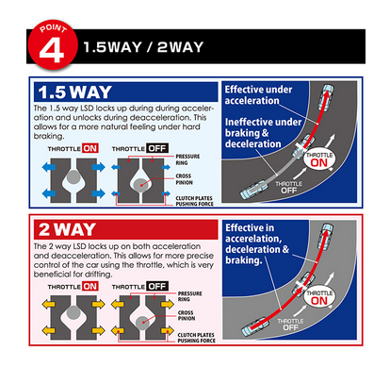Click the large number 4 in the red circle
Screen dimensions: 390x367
[52, 50]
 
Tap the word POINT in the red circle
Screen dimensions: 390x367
[53, 28]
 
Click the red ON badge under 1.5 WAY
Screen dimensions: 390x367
[90, 148]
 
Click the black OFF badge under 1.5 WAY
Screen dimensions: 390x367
[157, 148]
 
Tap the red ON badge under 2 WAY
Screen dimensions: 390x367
[90, 287]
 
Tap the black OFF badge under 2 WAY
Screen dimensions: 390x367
[157, 287]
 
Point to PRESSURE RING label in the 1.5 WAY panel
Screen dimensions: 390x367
[187, 159]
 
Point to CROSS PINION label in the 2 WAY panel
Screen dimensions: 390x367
[187, 315]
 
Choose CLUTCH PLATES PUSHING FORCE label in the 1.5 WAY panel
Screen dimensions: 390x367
[194, 201]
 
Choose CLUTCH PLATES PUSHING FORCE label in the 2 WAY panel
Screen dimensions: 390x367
[197, 338]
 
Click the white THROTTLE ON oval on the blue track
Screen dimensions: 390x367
[319, 159]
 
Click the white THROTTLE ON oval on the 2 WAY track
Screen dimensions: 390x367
[319, 297]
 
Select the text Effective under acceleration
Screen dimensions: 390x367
[258, 95]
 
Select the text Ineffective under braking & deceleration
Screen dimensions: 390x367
[263, 133]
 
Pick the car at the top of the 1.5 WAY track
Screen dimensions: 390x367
[326, 97]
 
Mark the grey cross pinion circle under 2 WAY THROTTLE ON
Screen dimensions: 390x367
[73, 313]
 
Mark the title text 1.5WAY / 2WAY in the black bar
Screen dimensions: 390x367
[143, 47]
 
